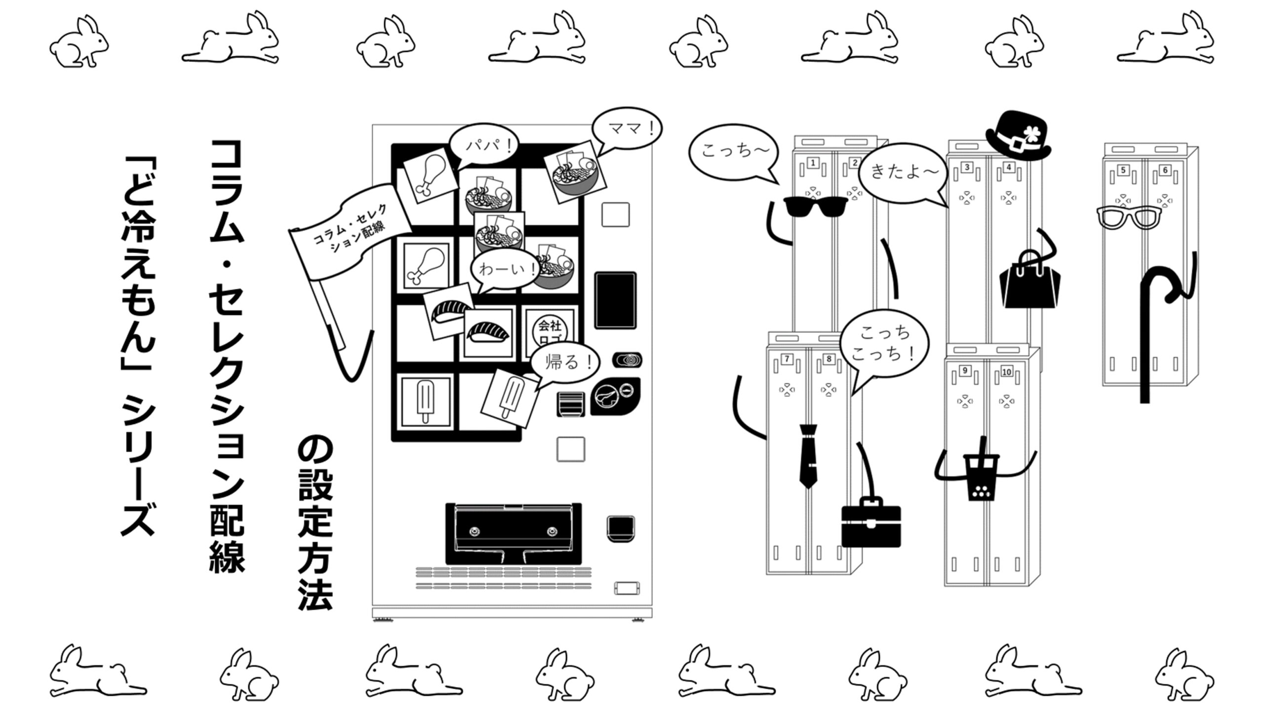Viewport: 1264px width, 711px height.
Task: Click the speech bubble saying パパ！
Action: [x=484, y=145]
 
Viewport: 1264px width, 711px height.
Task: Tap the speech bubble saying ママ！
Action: [x=627, y=128]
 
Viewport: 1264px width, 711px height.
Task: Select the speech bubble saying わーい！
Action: [x=504, y=270]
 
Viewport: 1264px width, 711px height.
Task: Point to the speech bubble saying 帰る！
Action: [x=565, y=362]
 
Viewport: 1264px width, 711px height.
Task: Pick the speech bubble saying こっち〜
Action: [x=733, y=151]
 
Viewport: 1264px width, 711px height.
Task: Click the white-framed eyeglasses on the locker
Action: [x=1129, y=218]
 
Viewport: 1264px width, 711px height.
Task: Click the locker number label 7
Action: [x=787, y=359]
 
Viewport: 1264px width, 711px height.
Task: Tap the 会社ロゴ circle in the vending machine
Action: [x=550, y=330]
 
